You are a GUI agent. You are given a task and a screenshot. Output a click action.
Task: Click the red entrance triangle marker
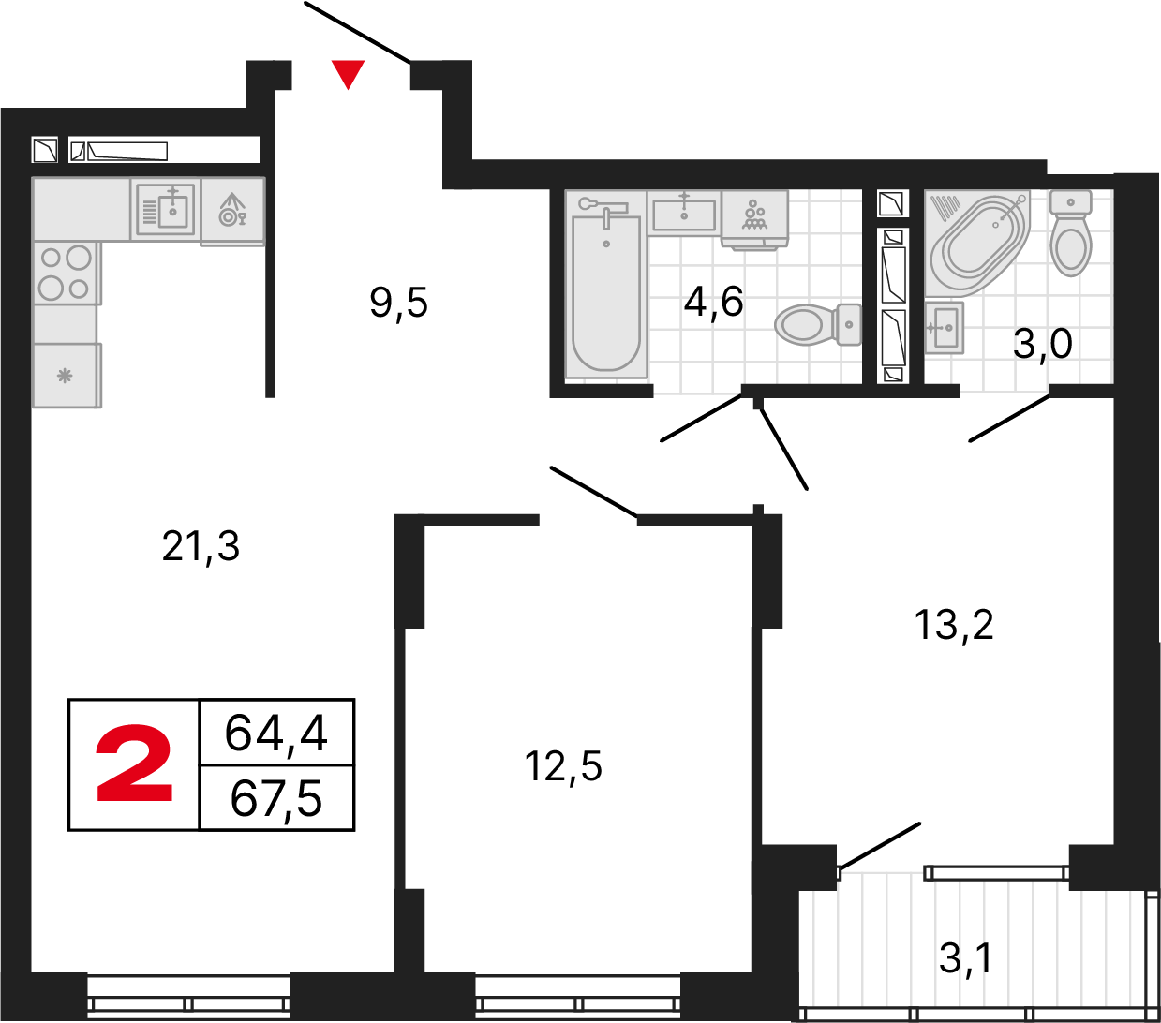click(349, 72)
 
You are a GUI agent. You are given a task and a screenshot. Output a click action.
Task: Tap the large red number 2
click(135, 764)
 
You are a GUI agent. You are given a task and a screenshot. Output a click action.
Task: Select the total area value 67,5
click(276, 799)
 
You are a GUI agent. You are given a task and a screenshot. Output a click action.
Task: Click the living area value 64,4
click(276, 733)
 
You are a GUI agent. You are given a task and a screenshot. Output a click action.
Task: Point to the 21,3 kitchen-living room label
click(201, 546)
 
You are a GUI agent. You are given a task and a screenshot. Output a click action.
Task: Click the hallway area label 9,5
click(399, 303)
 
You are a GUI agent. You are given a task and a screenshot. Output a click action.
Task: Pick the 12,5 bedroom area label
click(563, 766)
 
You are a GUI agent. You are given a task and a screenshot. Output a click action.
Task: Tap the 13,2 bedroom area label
click(954, 625)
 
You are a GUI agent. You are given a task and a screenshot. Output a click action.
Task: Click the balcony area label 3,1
click(965, 958)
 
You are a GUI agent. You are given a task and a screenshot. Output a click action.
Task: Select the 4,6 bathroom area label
click(713, 302)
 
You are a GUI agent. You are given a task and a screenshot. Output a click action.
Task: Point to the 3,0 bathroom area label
click(1042, 344)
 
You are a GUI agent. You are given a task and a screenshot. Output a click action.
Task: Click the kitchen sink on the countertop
click(166, 209)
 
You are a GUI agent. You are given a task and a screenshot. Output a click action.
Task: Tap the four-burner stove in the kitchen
click(66, 273)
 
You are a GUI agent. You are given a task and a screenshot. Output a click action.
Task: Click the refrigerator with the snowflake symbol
click(66, 376)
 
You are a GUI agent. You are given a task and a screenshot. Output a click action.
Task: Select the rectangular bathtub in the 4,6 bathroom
click(606, 290)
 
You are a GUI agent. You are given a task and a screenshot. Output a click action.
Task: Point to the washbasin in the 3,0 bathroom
click(945, 327)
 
